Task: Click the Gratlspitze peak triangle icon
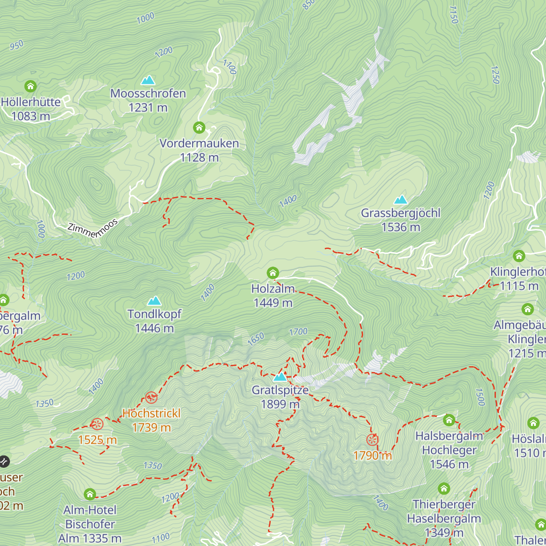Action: [280, 377]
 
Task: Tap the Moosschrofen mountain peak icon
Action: [148, 81]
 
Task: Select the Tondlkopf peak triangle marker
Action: [154, 301]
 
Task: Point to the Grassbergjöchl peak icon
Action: [400, 200]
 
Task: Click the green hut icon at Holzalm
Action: [273, 273]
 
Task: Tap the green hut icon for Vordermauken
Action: [199, 127]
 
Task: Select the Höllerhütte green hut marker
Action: [30, 86]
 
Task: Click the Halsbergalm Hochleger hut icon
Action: [449, 420]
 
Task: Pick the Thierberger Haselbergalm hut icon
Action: [444, 489]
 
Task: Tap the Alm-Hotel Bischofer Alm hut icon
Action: [90, 494]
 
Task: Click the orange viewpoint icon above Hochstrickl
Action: [151, 398]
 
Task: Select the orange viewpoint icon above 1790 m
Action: [372, 440]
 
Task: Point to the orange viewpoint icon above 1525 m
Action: [97, 424]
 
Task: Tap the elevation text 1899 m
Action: [280, 404]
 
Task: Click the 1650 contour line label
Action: [256, 339]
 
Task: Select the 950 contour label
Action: [16, 45]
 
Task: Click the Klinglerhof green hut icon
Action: [519, 256]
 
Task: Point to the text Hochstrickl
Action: [152, 413]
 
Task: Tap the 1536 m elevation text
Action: [400, 227]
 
